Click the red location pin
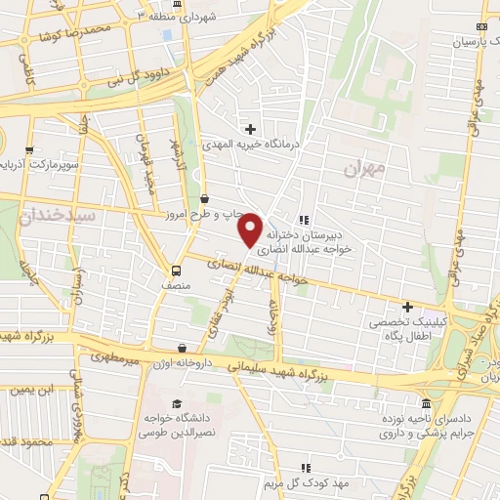[x=251, y=229]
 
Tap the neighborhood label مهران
[x=365, y=169]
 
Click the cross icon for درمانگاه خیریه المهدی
[x=251, y=129]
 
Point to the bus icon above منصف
[x=177, y=271]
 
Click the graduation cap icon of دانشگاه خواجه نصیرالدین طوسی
[x=176, y=404]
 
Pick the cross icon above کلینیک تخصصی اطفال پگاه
[x=407, y=307]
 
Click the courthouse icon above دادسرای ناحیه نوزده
[x=426, y=403]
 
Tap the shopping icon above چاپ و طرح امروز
[x=202, y=198]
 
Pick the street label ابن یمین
[x=28, y=390]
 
